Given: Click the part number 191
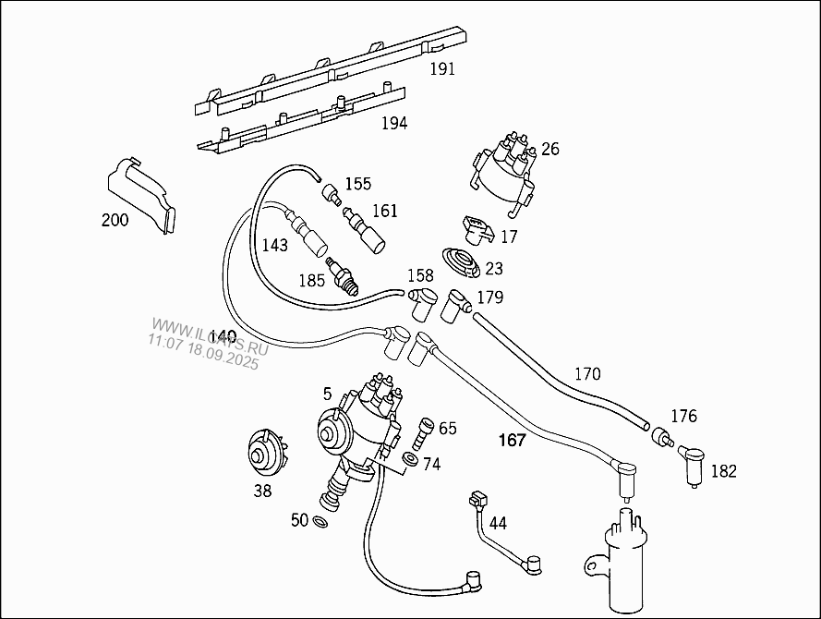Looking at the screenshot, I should [442, 69].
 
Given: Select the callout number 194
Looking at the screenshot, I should [394, 123].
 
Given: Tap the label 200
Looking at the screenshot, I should [116, 220].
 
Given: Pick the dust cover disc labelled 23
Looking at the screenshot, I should [460, 262].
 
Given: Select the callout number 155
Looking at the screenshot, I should [358, 184].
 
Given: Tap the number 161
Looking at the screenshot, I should [385, 211].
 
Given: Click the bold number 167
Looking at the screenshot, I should [512, 440].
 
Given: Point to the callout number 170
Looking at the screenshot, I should [587, 374].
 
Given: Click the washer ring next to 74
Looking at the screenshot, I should [410, 459].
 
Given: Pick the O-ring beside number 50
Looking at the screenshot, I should [320, 523].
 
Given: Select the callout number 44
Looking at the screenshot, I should [498, 523].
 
